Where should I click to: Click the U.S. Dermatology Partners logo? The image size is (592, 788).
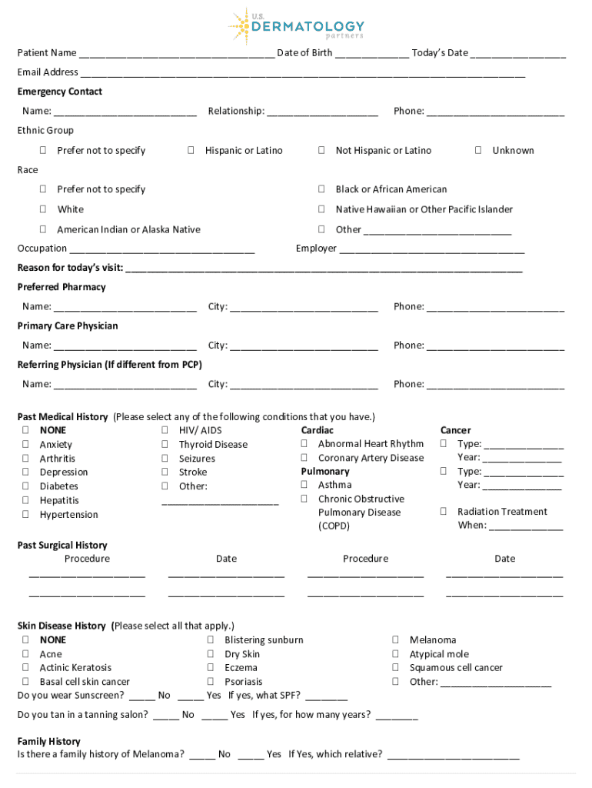pyautogui.click(x=296, y=25)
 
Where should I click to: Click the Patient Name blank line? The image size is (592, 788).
pyautogui.click(x=176, y=53)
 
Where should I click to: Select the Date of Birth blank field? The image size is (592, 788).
pyautogui.click(x=371, y=53)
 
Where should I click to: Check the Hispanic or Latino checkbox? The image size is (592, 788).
pyautogui.click(x=191, y=151)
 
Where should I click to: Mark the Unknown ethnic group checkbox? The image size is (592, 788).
pyautogui.click(x=478, y=151)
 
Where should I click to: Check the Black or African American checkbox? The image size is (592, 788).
pyautogui.click(x=321, y=189)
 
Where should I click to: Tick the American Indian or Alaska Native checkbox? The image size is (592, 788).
pyautogui.click(x=43, y=229)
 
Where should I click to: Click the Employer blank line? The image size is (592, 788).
pyautogui.click(x=431, y=249)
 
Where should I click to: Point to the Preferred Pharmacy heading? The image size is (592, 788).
pyautogui.click(x=62, y=287)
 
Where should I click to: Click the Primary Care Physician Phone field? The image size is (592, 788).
pyautogui.click(x=495, y=346)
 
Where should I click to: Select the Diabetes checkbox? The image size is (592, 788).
pyautogui.click(x=25, y=486)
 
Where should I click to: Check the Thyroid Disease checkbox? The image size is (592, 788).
pyautogui.click(x=165, y=445)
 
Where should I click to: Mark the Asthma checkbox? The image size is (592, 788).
pyautogui.click(x=304, y=485)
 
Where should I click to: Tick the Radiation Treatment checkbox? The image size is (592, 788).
pyautogui.click(x=444, y=512)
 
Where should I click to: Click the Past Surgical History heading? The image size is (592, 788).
pyautogui.click(x=62, y=546)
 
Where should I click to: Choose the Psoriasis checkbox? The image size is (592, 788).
pyautogui.click(x=210, y=682)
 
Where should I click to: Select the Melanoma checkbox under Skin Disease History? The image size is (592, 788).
pyautogui.click(x=395, y=640)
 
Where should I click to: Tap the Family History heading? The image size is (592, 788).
pyautogui.click(x=48, y=741)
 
